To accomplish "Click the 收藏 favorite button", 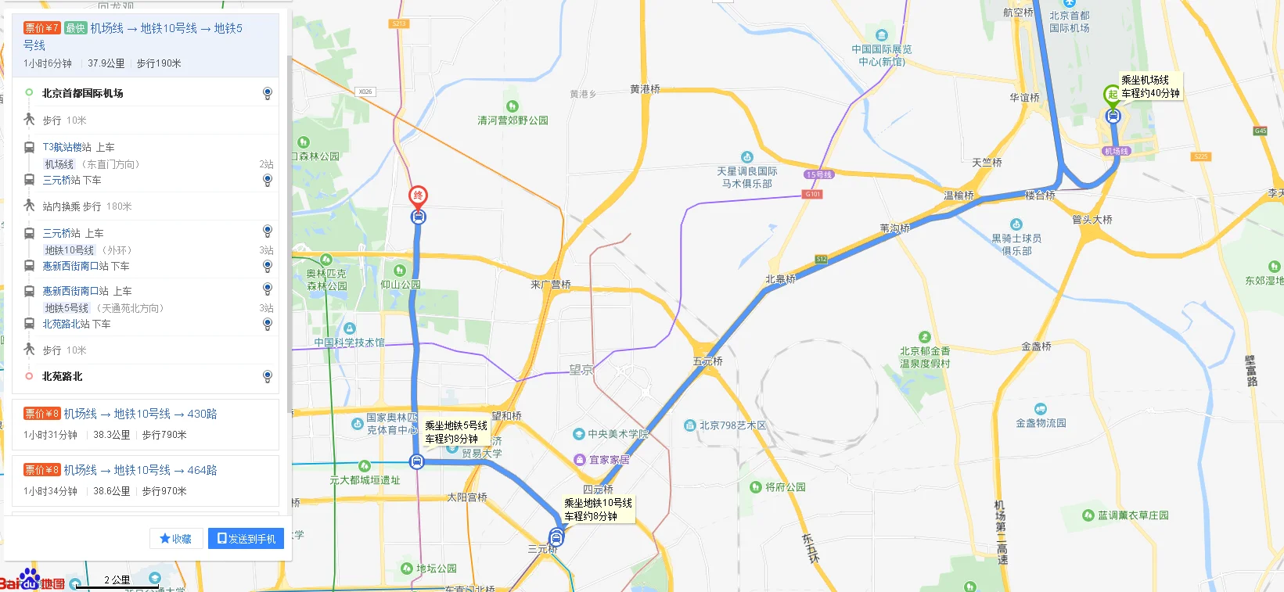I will (x=176, y=539).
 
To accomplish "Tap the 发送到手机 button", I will (x=246, y=539).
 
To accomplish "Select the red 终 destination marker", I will (x=418, y=196).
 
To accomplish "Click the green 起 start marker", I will (x=1112, y=94).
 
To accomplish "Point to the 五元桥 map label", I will (x=707, y=361).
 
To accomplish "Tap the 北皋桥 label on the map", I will (x=780, y=278).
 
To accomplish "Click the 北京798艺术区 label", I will (x=732, y=425).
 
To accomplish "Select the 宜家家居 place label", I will (x=609, y=460).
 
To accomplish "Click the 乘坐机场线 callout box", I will (x=1150, y=86).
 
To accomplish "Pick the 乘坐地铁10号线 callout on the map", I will (x=599, y=509).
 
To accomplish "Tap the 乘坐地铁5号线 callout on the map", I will (x=456, y=432).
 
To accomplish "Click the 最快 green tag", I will (x=75, y=28).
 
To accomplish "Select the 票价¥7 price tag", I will (x=41, y=28).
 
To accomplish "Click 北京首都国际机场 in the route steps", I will (x=83, y=93).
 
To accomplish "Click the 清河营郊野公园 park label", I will (x=513, y=120).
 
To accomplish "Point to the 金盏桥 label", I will (x=1036, y=346).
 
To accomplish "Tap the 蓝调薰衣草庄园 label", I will (x=1132, y=515).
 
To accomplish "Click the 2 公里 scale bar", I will (x=117, y=582).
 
